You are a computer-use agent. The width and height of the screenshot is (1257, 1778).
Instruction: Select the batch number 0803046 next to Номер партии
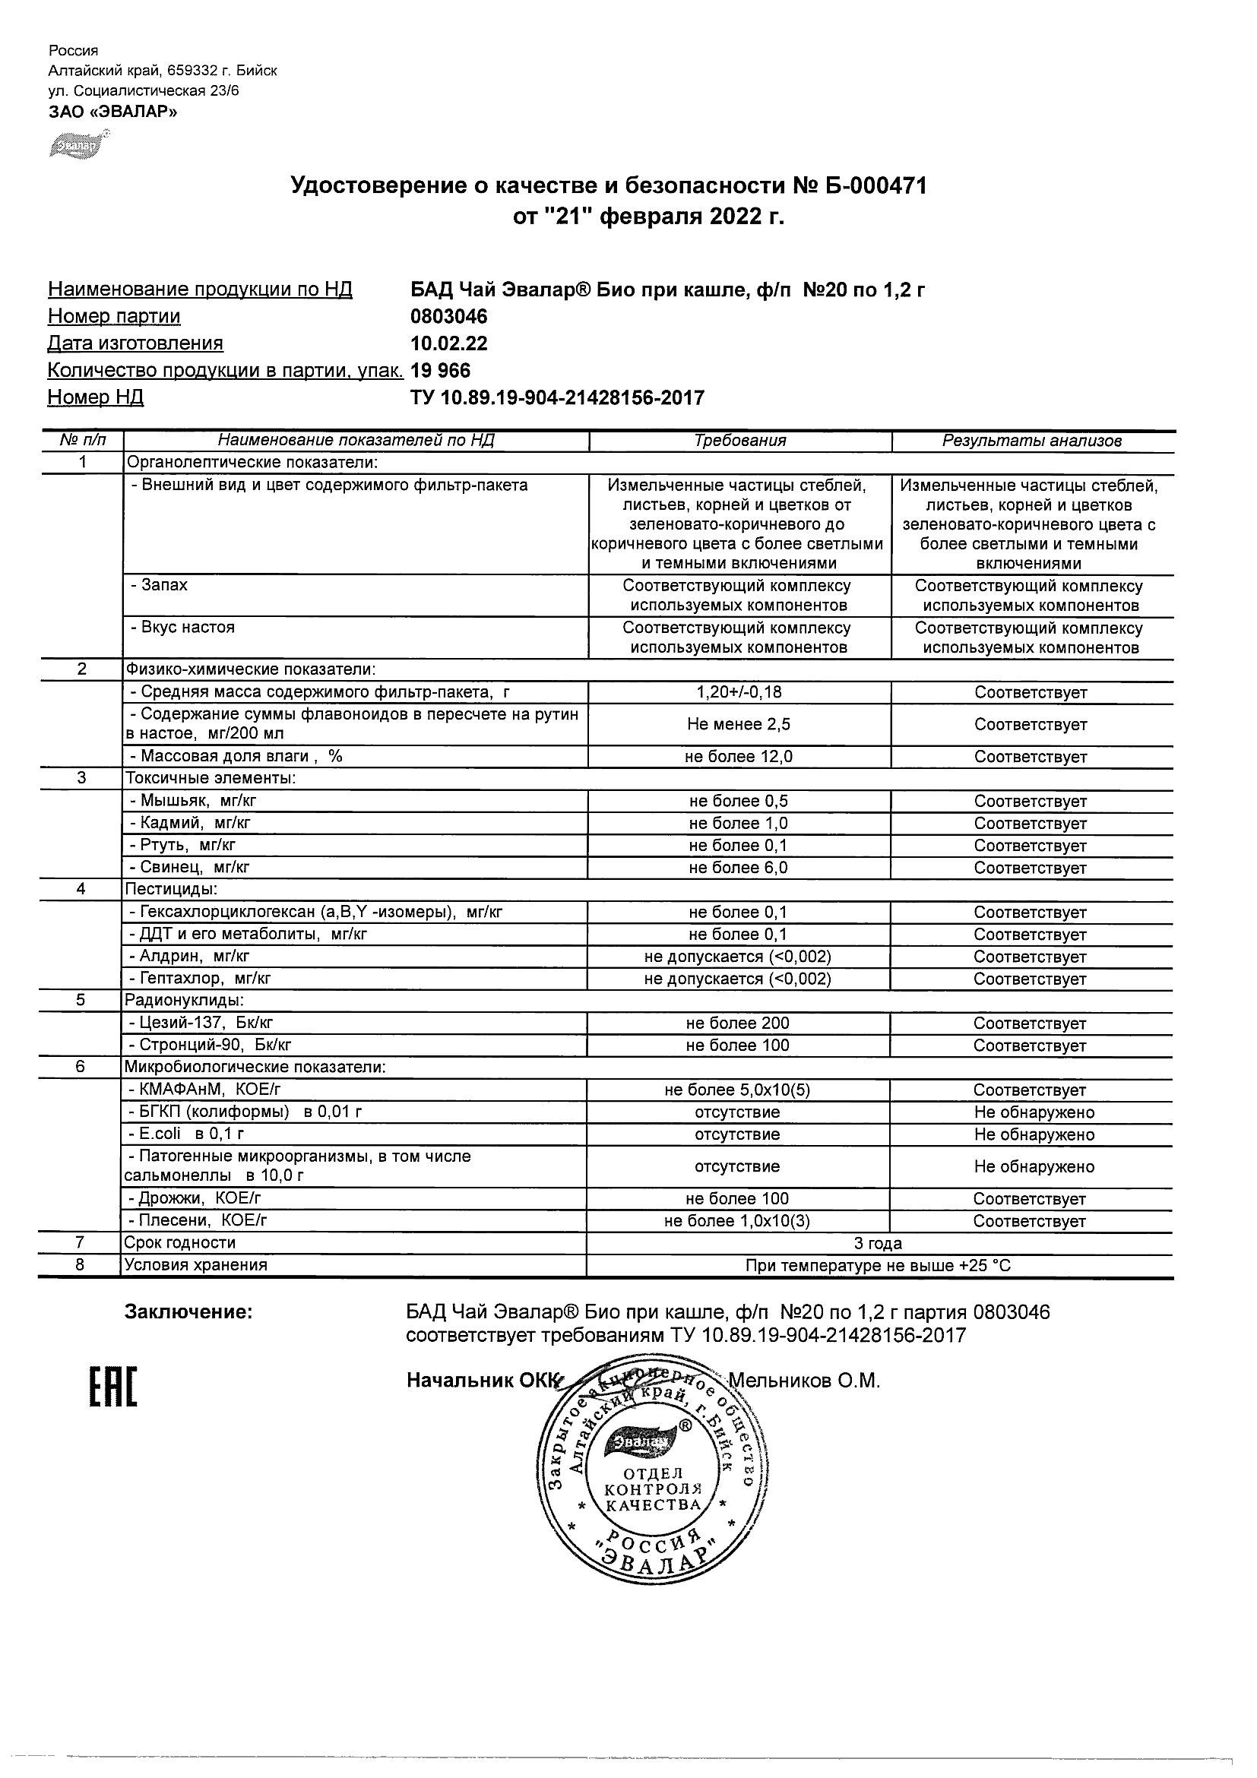[x=448, y=316]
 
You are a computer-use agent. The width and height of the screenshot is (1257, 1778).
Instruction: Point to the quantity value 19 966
[x=440, y=370]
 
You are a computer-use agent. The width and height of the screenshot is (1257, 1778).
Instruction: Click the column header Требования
[x=739, y=441]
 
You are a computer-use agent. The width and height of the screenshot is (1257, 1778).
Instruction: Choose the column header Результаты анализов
[x=1031, y=441]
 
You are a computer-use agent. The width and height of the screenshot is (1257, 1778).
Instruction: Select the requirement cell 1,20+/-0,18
[x=739, y=692]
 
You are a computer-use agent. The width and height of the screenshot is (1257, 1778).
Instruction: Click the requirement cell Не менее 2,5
[x=739, y=724]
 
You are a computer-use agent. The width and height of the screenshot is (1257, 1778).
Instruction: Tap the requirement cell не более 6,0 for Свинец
[x=738, y=867]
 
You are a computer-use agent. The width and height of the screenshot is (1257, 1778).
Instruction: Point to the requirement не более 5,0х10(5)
[x=737, y=1090]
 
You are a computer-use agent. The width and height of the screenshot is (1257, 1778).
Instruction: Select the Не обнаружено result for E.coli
[x=1034, y=1134]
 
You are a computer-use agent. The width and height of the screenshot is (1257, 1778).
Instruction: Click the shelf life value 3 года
[x=878, y=1244]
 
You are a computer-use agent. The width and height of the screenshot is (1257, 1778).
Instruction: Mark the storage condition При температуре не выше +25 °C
[x=878, y=1266]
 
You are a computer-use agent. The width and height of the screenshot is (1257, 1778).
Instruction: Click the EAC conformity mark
[x=113, y=1387]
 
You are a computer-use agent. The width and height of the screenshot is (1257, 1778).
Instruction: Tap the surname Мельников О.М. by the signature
[x=804, y=1381]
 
